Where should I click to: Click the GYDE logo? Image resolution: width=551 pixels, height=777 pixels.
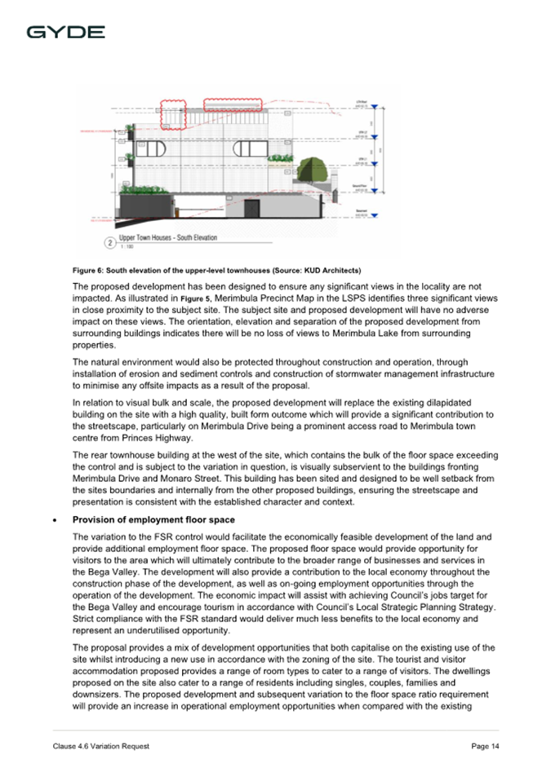click(65, 33)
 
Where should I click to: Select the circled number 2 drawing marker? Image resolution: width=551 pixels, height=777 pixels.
click(109, 242)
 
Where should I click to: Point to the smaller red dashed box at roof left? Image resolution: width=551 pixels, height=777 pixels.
click(173, 115)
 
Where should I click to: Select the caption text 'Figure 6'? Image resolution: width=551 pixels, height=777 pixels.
click(88, 270)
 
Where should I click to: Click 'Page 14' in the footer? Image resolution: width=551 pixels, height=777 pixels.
click(485, 747)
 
